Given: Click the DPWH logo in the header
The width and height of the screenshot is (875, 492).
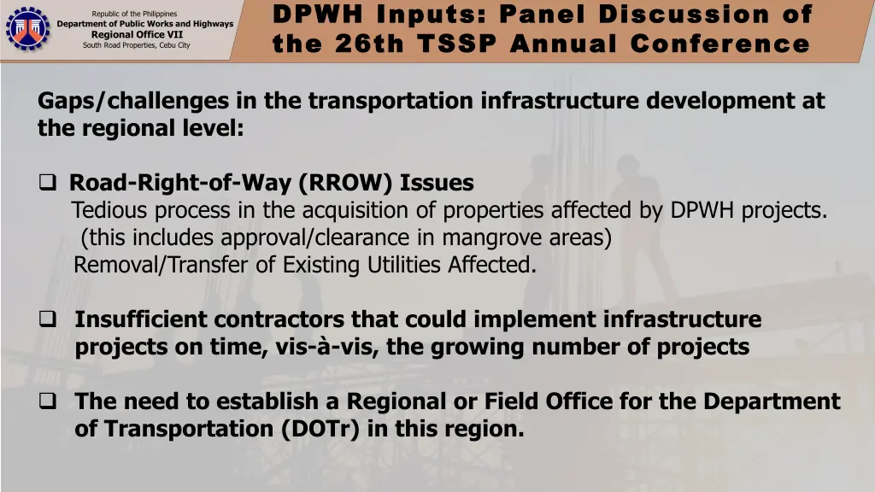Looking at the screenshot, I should click(x=28, y=29).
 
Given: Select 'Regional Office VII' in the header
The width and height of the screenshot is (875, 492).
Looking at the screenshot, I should click(x=150, y=34).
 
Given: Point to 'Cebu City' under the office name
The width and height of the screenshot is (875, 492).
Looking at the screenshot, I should click(x=175, y=45).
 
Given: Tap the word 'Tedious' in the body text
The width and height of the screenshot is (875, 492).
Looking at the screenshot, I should click(x=109, y=210).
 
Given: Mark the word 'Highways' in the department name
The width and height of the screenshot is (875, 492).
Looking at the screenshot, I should click(x=213, y=24).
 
